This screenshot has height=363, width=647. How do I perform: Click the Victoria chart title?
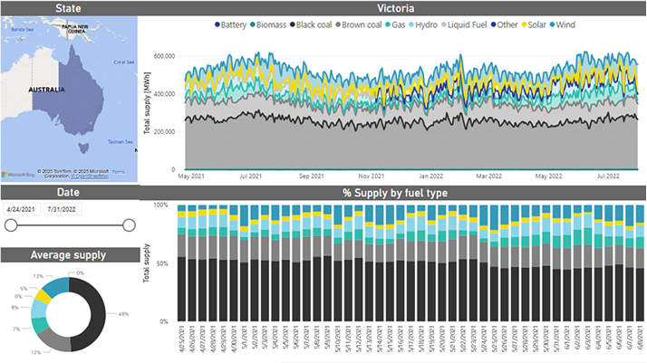[395, 8]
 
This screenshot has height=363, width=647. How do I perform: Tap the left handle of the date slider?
[11, 225]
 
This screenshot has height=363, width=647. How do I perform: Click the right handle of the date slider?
[129, 225]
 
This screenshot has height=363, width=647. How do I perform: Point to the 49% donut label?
[123, 314]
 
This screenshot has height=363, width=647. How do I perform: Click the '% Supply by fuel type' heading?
[395, 194]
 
